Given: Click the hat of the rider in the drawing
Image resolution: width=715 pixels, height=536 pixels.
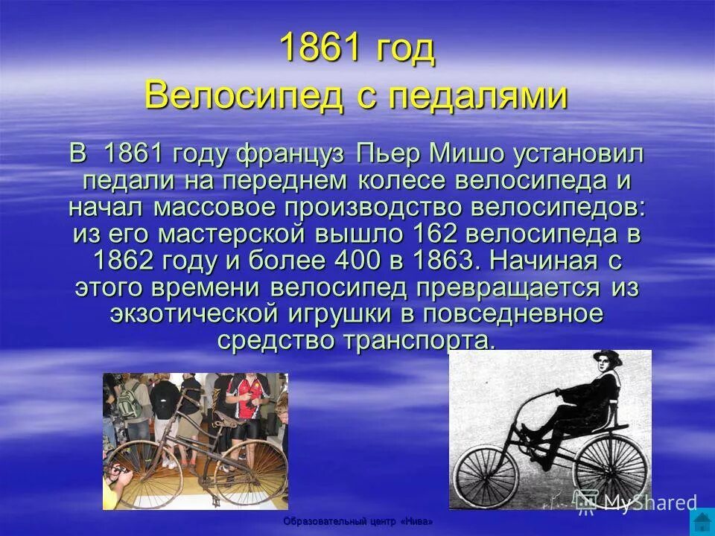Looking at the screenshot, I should (608, 357).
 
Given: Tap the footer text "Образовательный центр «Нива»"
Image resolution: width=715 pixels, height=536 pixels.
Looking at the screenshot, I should (357, 522).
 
